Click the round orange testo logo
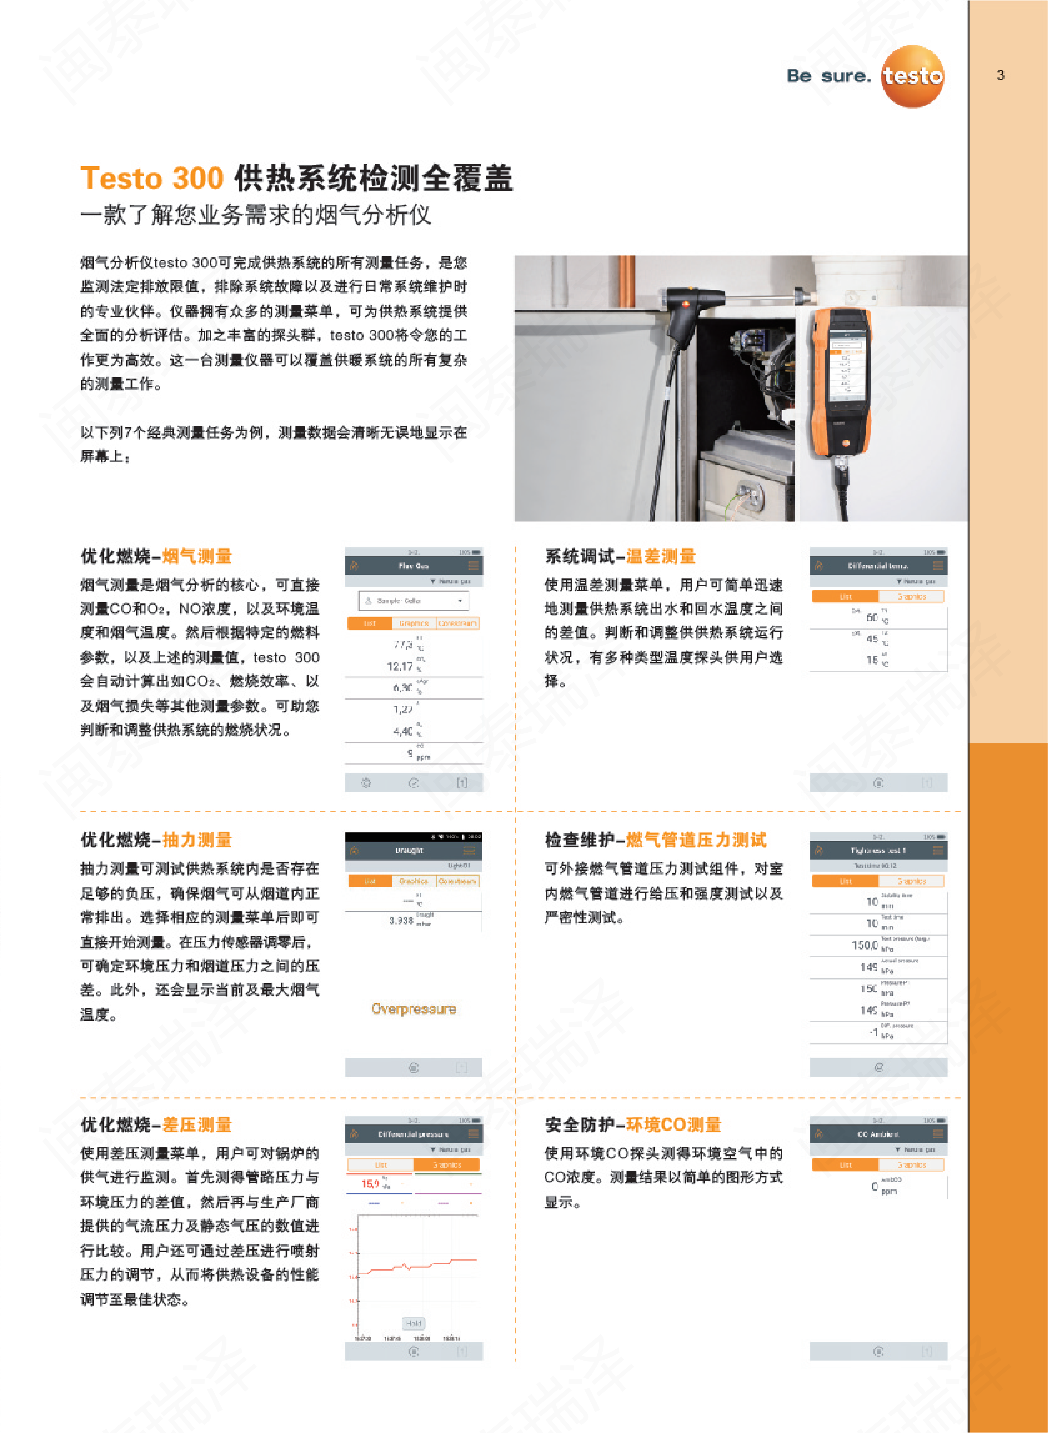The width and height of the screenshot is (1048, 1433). click(912, 76)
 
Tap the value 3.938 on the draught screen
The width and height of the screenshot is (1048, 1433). click(401, 920)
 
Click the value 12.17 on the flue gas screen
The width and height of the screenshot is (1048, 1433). click(400, 666)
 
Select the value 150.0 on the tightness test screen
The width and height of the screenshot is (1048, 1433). click(864, 945)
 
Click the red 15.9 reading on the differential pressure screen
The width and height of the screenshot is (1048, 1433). click(370, 1184)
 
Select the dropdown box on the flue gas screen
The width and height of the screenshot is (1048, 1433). click(414, 600)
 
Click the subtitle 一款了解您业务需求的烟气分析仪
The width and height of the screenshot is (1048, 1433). click(256, 215)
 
